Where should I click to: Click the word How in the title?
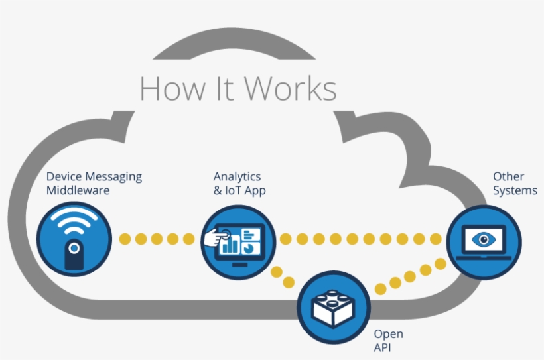click(163, 89)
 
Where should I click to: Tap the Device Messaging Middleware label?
click(94, 184)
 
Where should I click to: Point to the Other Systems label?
click(514, 184)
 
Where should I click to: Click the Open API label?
click(388, 341)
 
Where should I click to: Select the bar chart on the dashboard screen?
click(230, 245)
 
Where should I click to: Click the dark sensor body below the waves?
click(74, 255)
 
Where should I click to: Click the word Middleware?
click(78, 191)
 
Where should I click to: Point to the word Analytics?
click(237, 176)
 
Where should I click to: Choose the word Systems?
click(515, 191)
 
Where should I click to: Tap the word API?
click(383, 347)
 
